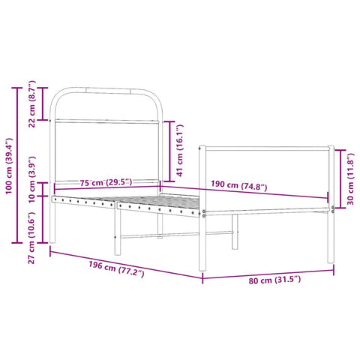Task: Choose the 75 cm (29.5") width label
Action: coord(105,182)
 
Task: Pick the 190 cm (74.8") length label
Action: coord(235,186)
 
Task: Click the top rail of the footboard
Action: coord(268,148)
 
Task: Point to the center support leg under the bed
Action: coord(234,232)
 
